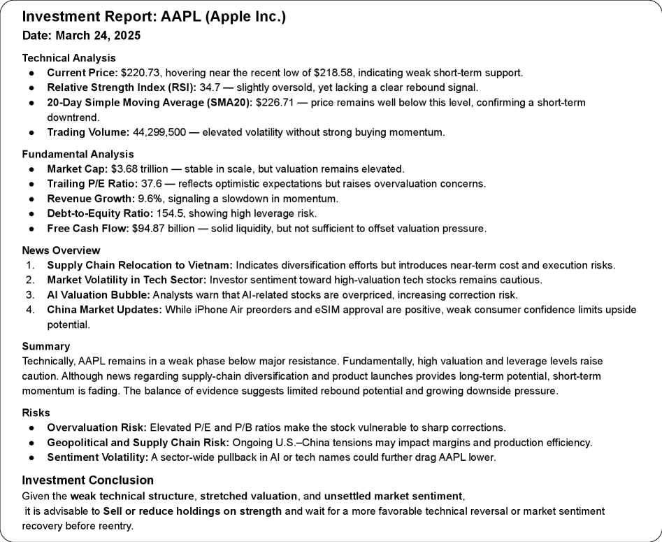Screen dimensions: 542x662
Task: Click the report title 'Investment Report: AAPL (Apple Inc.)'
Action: (154, 17)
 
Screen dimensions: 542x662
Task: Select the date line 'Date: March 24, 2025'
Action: (81, 36)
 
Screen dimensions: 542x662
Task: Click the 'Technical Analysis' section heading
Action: (69, 58)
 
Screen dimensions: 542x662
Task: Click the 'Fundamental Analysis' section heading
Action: (78, 154)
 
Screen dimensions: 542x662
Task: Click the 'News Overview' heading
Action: (61, 250)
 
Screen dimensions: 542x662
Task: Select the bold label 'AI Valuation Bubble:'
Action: (98, 294)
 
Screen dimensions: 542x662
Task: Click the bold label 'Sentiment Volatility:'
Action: (96, 457)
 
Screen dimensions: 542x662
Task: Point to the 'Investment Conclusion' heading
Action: (87, 480)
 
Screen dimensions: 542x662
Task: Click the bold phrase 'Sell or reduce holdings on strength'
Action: (192, 511)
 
